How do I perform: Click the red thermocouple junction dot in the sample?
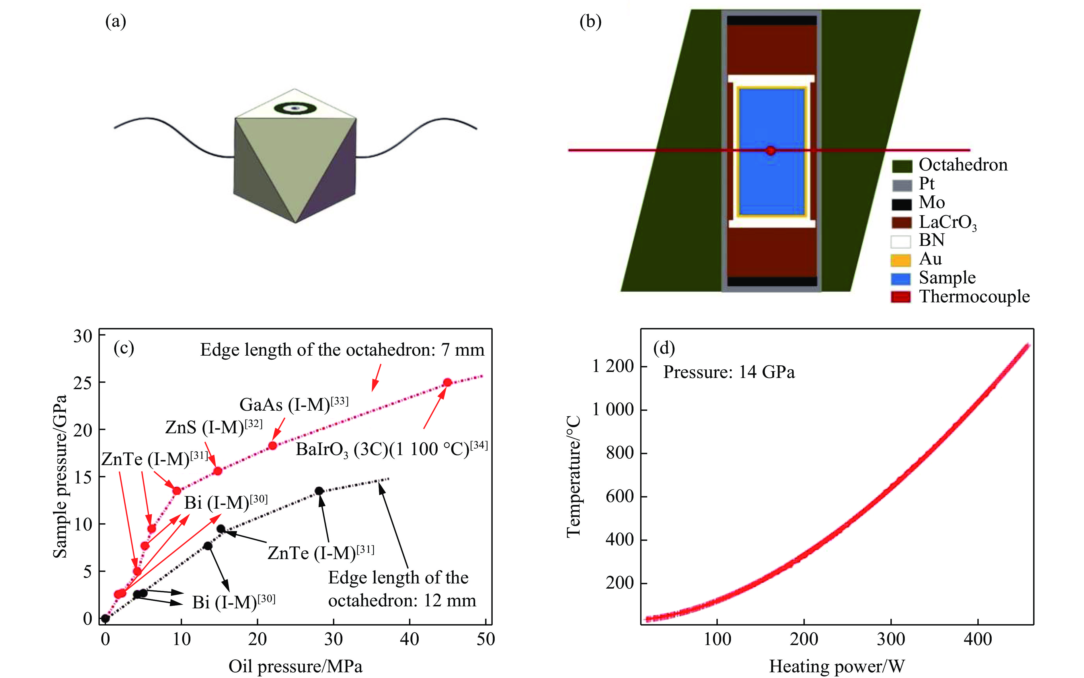click(x=770, y=151)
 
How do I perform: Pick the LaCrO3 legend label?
click(x=947, y=222)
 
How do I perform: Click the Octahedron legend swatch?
click(x=901, y=166)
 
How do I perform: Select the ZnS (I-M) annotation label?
click(x=214, y=427)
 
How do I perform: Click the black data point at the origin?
click(x=106, y=618)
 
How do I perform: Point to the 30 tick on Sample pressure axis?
click(x=83, y=335)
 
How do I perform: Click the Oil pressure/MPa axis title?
click(x=295, y=666)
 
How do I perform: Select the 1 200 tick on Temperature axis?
click(x=613, y=366)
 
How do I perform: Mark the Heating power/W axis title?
click(x=837, y=666)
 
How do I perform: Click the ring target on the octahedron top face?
click(x=295, y=108)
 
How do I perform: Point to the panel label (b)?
click(x=590, y=21)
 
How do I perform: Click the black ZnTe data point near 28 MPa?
click(x=319, y=491)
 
